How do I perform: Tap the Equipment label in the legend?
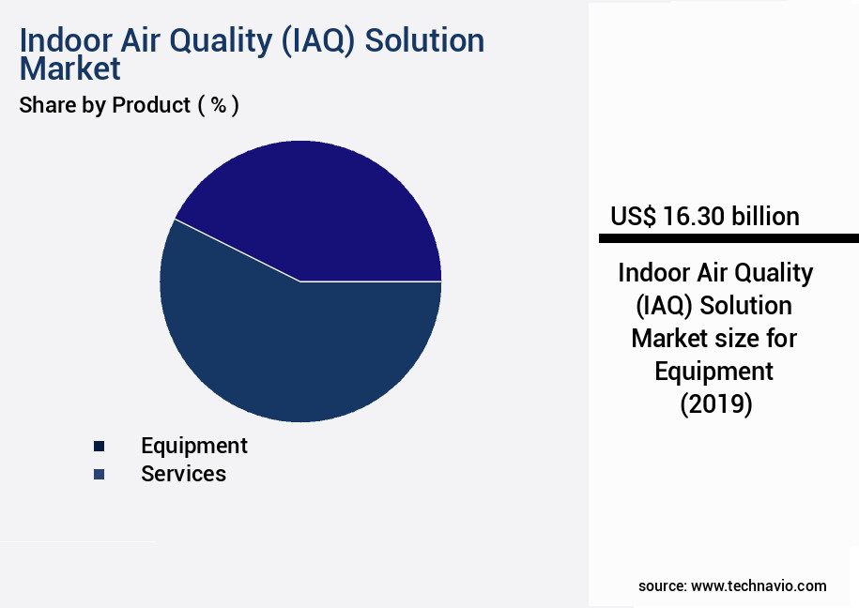(194, 446)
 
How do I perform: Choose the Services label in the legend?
(183, 474)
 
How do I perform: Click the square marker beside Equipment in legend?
(100, 447)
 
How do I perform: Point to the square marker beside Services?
(100, 475)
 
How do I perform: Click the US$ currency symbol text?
(633, 217)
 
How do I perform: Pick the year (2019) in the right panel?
(715, 404)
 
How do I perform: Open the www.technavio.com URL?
(759, 585)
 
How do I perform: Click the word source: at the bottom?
(662, 585)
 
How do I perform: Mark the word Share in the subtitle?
(47, 105)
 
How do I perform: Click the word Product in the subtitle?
(151, 105)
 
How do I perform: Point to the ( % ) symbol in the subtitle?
(218, 105)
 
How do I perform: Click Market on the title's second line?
(70, 68)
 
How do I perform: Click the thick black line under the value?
(729, 238)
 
